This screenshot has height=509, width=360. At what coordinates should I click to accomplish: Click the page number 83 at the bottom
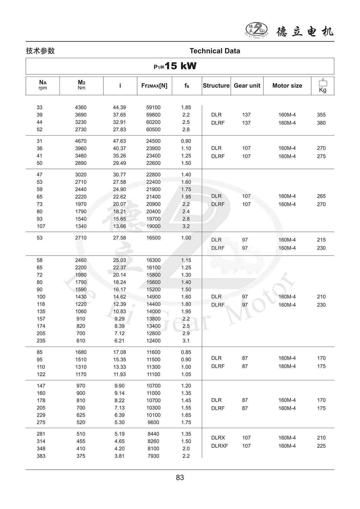[x=180, y=478]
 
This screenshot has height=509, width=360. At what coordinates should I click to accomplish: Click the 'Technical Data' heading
[x=215, y=51]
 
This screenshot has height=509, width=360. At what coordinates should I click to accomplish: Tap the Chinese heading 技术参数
[x=40, y=51]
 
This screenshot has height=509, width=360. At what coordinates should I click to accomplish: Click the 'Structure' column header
[x=216, y=85]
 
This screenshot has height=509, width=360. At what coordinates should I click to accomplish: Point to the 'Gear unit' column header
[x=247, y=85]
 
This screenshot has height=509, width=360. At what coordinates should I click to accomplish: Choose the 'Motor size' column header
[x=287, y=85]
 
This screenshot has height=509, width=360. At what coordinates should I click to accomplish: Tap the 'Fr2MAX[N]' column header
[x=154, y=86]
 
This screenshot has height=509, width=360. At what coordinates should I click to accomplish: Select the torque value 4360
[x=81, y=107]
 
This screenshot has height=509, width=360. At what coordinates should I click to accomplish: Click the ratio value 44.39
[x=119, y=107]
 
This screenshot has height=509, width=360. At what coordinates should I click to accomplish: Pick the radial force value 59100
[x=153, y=107]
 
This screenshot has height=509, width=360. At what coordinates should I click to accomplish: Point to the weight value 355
[x=321, y=115]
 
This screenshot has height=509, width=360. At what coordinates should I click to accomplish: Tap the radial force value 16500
[x=153, y=238]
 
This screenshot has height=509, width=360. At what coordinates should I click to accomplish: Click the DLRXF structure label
[x=219, y=446]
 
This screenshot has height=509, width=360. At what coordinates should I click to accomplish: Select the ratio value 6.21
[x=119, y=341]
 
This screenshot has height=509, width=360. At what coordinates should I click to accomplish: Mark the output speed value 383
[x=41, y=456]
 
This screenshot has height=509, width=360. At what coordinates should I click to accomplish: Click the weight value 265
[x=321, y=196]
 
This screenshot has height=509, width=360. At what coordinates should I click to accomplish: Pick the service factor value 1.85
[x=186, y=107]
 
